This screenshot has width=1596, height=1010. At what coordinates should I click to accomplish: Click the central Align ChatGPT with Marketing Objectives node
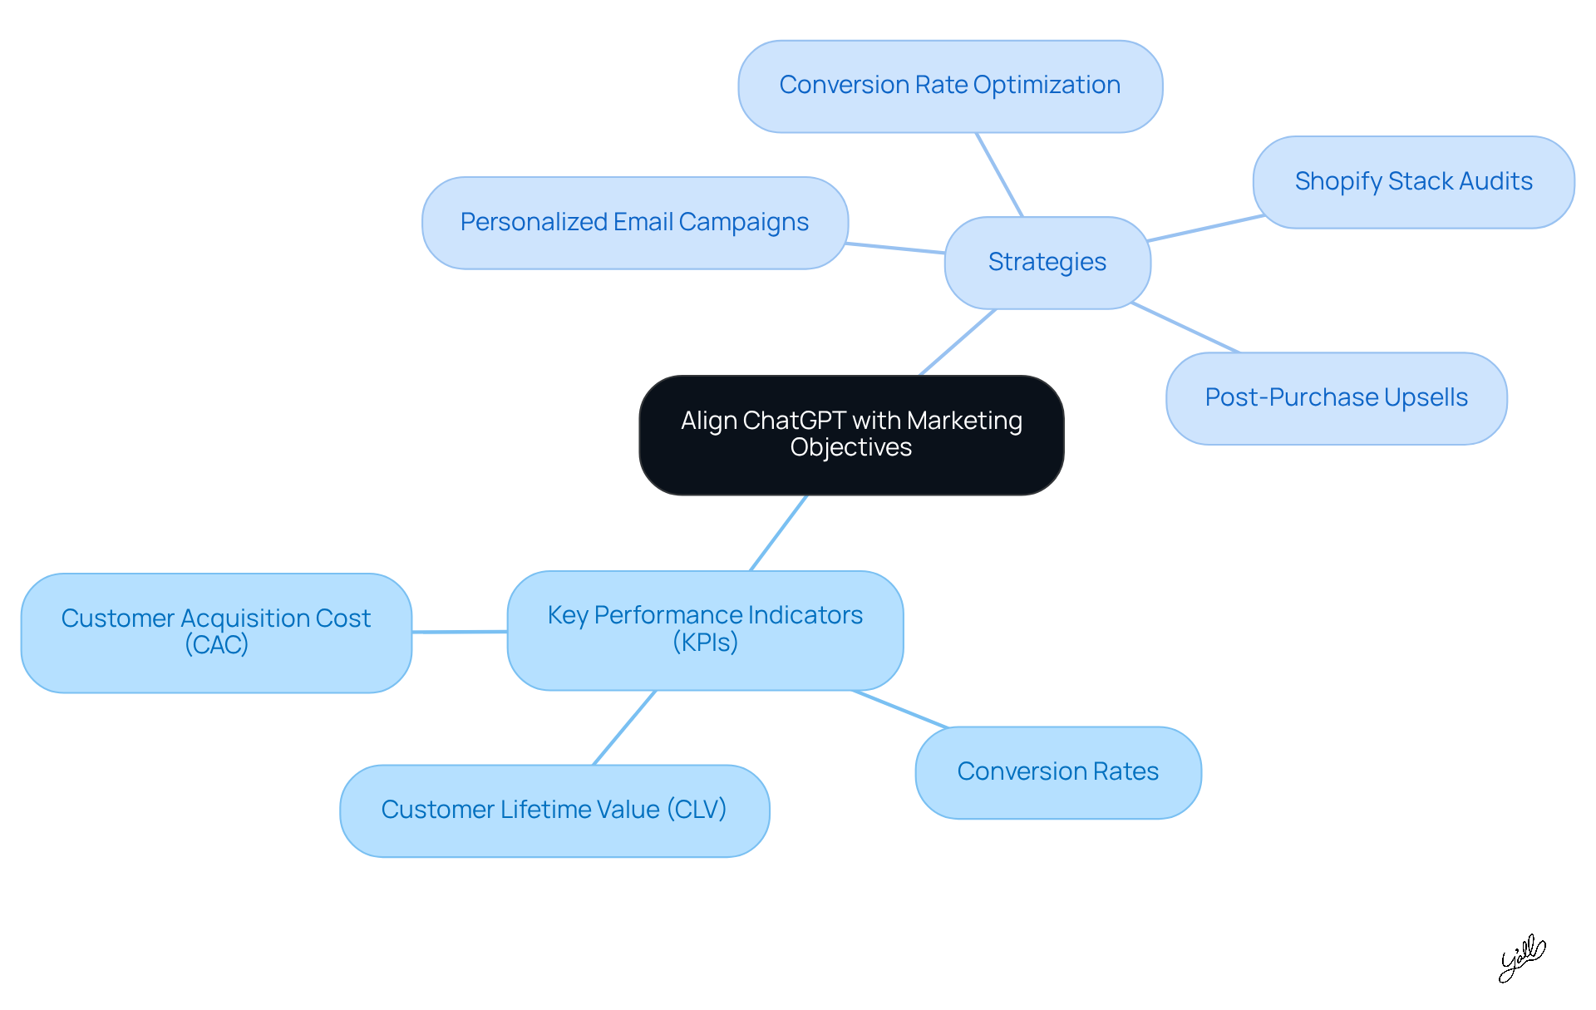tap(851, 435)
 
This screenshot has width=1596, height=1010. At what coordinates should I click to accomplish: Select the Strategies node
tap(1047, 263)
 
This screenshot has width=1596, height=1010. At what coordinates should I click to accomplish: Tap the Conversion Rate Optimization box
tap(950, 86)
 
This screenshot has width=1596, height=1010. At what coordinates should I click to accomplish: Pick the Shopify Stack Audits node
tap(1413, 182)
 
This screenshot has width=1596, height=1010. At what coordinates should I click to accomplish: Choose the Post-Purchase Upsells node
tap(1336, 398)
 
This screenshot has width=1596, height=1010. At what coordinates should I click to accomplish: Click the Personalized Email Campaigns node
tap(634, 223)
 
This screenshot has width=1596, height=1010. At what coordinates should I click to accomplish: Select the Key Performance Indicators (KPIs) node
tap(705, 629)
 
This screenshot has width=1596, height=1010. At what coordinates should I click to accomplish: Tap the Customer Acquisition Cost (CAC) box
tap(216, 633)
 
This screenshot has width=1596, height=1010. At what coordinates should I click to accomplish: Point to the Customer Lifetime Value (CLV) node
tap(554, 810)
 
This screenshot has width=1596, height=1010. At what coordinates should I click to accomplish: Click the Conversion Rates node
tap(1057, 772)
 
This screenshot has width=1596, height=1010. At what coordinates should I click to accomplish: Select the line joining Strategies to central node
tap(958, 342)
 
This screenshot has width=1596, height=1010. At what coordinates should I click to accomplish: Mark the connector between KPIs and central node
tap(778, 533)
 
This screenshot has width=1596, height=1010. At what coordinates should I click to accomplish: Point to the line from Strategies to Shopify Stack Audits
tap(1205, 228)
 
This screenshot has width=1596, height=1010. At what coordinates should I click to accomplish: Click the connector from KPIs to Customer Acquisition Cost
tap(459, 632)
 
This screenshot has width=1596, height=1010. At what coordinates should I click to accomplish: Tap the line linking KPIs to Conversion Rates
tap(900, 709)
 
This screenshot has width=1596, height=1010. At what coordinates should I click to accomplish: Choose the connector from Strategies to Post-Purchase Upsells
tap(1185, 328)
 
